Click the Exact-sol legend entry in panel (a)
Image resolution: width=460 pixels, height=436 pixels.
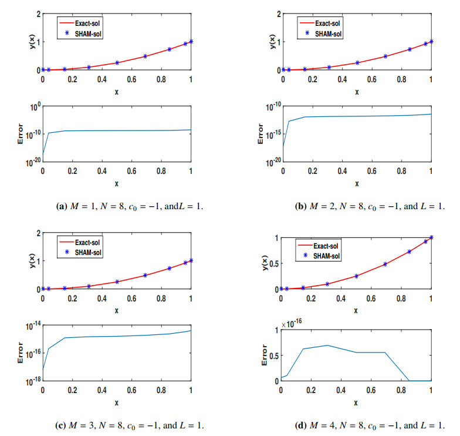(80, 24)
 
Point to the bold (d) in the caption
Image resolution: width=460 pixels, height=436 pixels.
(300, 425)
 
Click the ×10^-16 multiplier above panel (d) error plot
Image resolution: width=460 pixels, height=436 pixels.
(292, 323)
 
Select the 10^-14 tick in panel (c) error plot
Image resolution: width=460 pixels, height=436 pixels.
(33, 326)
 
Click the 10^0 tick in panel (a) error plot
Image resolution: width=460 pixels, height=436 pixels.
(35, 107)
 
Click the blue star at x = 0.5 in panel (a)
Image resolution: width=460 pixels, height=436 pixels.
(117, 62)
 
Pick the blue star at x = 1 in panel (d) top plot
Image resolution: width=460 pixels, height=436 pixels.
(431, 237)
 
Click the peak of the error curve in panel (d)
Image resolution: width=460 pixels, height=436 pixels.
(327, 346)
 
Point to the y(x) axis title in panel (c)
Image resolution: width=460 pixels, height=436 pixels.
(32, 261)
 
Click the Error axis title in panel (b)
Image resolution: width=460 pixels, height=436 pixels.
(261, 134)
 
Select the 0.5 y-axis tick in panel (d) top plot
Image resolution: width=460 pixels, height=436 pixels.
(273, 263)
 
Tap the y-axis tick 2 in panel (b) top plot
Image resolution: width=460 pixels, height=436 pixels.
(279, 14)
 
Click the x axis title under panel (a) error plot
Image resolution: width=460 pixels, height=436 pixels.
(117, 184)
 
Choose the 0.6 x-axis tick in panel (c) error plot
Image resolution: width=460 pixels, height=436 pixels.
(131, 390)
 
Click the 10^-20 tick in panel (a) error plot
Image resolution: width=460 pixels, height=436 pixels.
(33, 162)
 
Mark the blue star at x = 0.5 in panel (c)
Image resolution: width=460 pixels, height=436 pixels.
(117, 282)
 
